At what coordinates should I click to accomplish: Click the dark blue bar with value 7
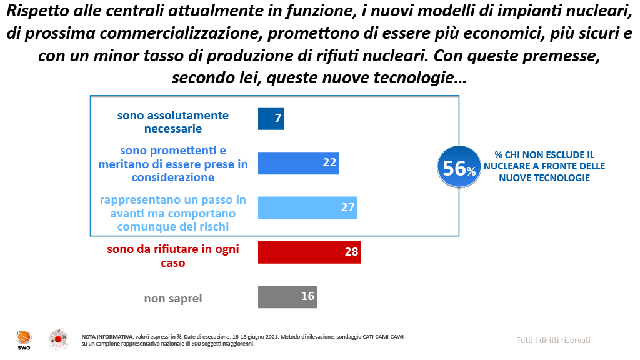(x=271, y=118)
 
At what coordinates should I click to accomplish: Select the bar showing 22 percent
(x=298, y=163)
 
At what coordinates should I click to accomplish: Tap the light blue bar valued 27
(x=307, y=207)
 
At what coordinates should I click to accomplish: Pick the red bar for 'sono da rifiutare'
(x=309, y=252)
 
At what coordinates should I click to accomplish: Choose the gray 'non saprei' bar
(x=287, y=296)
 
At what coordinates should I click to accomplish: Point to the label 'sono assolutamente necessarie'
(x=173, y=122)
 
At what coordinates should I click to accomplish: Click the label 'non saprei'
(x=173, y=298)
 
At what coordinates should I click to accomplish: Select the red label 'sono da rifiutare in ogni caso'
(x=173, y=256)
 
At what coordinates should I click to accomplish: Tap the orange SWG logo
(x=24, y=339)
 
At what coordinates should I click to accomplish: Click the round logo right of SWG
(x=58, y=339)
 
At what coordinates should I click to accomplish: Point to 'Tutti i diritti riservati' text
(x=553, y=340)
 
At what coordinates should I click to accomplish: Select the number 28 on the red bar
(x=351, y=252)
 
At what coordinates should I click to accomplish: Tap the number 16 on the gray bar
(x=307, y=296)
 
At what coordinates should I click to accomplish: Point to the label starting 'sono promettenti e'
(x=173, y=164)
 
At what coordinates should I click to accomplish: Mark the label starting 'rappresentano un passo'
(x=173, y=213)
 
